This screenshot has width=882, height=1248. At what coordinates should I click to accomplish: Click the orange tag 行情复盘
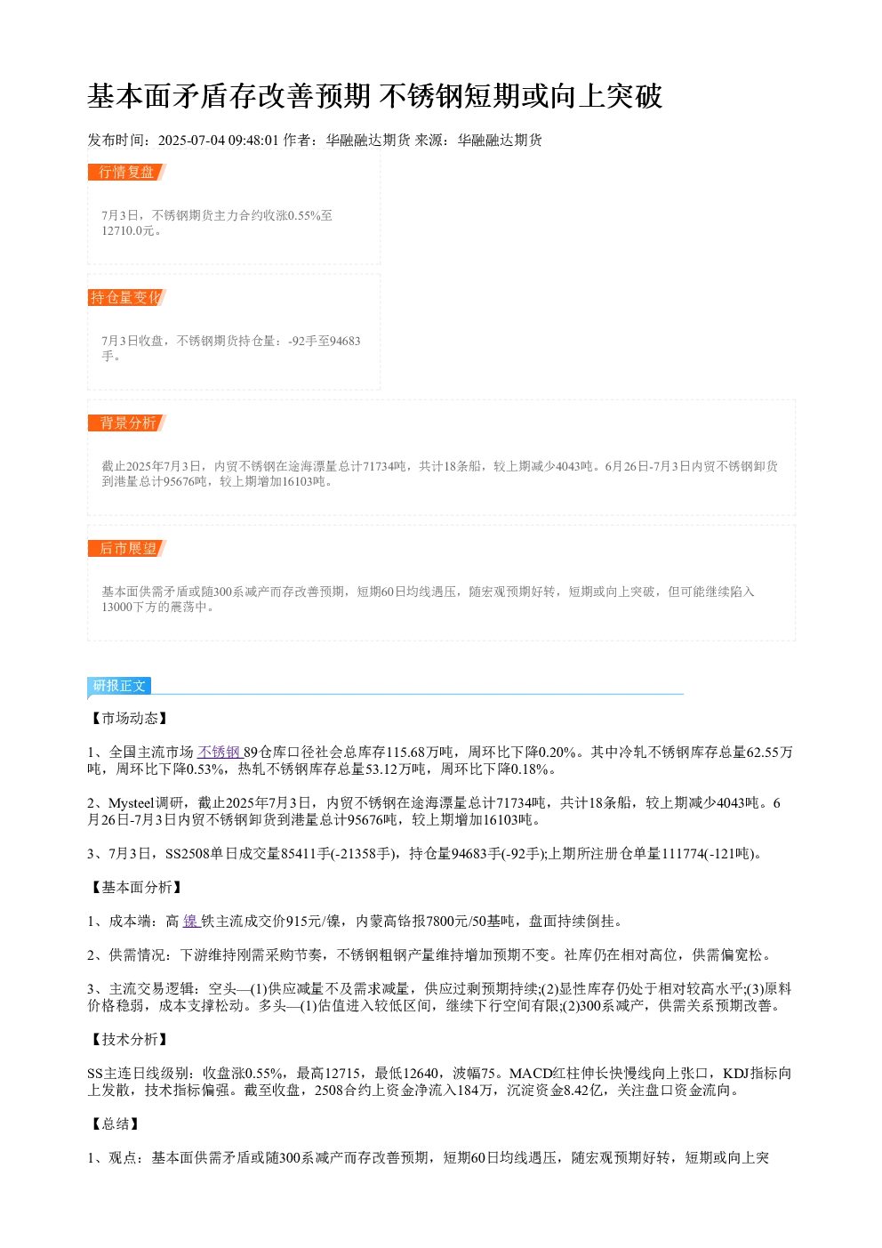tap(127, 173)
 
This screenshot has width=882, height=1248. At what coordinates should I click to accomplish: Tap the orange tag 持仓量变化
tap(127, 297)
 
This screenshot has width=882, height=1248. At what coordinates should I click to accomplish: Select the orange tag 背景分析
tap(127, 423)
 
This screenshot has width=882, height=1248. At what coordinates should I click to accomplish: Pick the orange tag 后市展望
tap(127, 548)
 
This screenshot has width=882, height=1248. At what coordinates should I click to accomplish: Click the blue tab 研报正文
tap(119, 686)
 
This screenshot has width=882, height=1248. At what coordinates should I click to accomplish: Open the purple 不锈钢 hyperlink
tap(220, 753)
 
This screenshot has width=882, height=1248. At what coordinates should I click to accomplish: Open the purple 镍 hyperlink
tap(191, 922)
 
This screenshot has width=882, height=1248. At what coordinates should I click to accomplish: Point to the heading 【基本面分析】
tap(136, 888)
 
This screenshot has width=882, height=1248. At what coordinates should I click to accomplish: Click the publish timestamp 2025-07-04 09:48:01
tap(218, 140)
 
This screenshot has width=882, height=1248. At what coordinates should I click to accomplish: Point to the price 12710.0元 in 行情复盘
tap(127, 230)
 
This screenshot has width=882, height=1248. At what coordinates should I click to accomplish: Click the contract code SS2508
tap(188, 854)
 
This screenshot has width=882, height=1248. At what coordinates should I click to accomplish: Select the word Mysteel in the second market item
tap(132, 803)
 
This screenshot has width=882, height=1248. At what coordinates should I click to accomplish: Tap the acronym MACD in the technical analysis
tap(530, 1074)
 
